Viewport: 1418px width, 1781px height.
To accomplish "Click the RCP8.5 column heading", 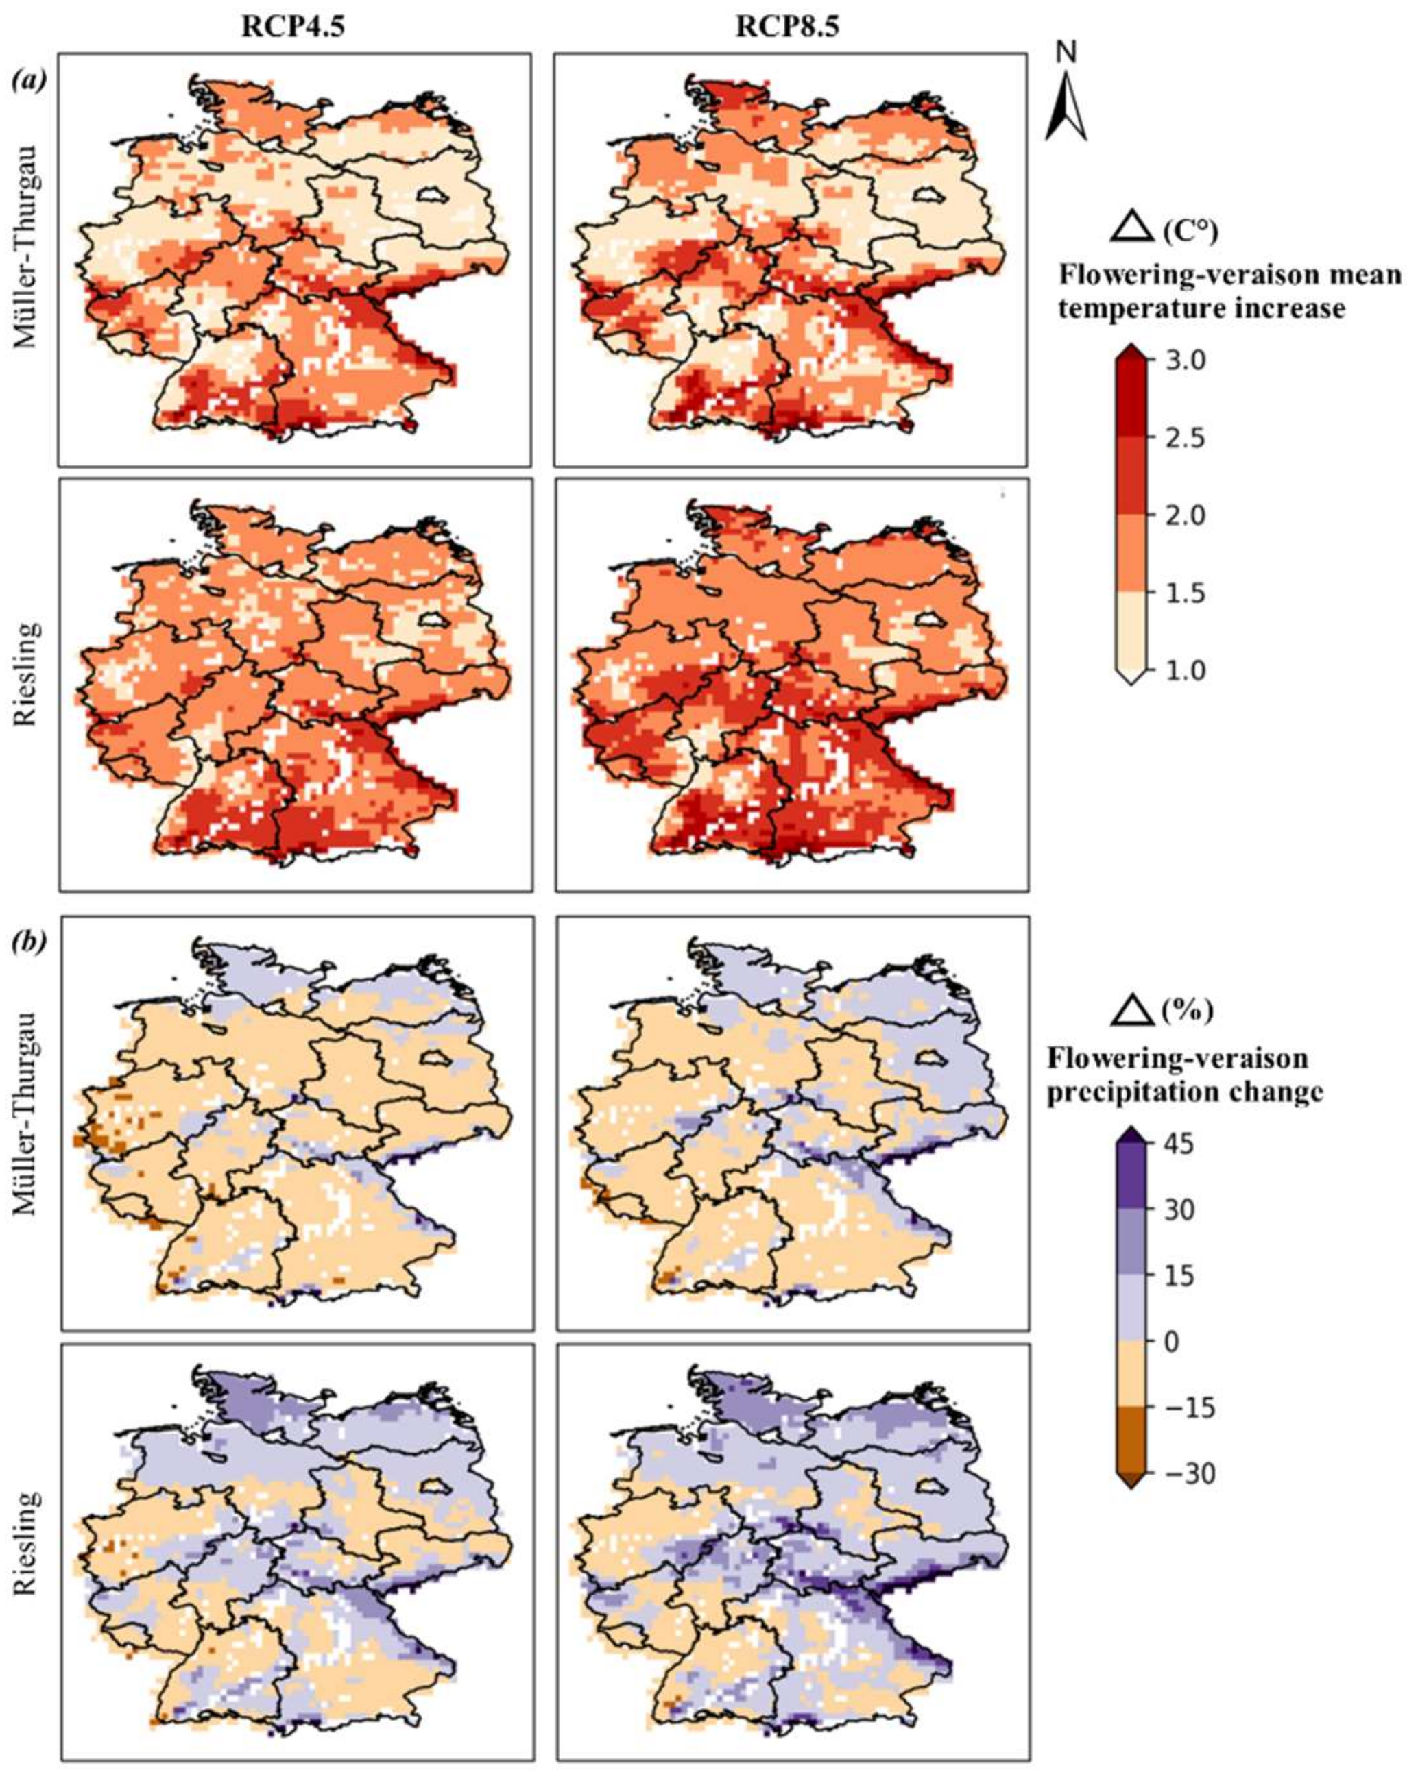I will click(x=786, y=27).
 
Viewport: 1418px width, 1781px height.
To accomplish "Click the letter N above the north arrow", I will click(x=1067, y=53).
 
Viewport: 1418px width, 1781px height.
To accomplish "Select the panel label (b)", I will click(x=29, y=940).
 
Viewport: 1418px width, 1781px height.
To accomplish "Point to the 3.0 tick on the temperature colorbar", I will click(x=1186, y=361).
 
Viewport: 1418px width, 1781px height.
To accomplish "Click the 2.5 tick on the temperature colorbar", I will click(x=1186, y=438).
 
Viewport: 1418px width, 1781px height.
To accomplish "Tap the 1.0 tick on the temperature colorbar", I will click(x=1186, y=670).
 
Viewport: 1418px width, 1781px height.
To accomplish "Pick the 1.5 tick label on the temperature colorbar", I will click(x=1186, y=593).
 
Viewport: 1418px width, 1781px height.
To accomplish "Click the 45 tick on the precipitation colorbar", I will click(x=1180, y=1144).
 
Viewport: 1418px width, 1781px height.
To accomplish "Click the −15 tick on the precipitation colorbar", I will click(x=1190, y=1408).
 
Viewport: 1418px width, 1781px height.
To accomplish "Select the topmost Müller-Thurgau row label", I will click(x=27, y=248).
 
